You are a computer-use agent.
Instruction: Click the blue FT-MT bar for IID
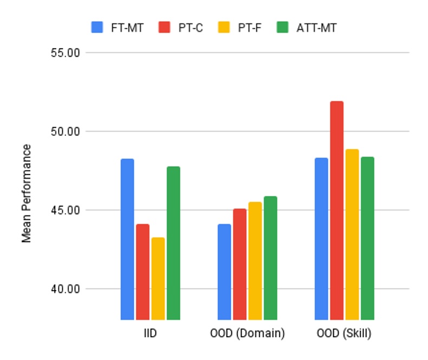127,239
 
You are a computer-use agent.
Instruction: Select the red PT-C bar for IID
142,271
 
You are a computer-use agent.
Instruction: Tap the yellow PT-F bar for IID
158,278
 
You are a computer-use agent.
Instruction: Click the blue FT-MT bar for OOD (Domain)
224,271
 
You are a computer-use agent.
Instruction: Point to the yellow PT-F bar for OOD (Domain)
255,260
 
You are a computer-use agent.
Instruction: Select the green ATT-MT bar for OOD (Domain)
270,258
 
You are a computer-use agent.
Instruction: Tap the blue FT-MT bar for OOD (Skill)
321,238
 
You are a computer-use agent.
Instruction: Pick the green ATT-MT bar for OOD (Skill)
367,238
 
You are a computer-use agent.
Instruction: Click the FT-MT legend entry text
126,28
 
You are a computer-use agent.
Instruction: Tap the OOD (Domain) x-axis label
247,333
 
